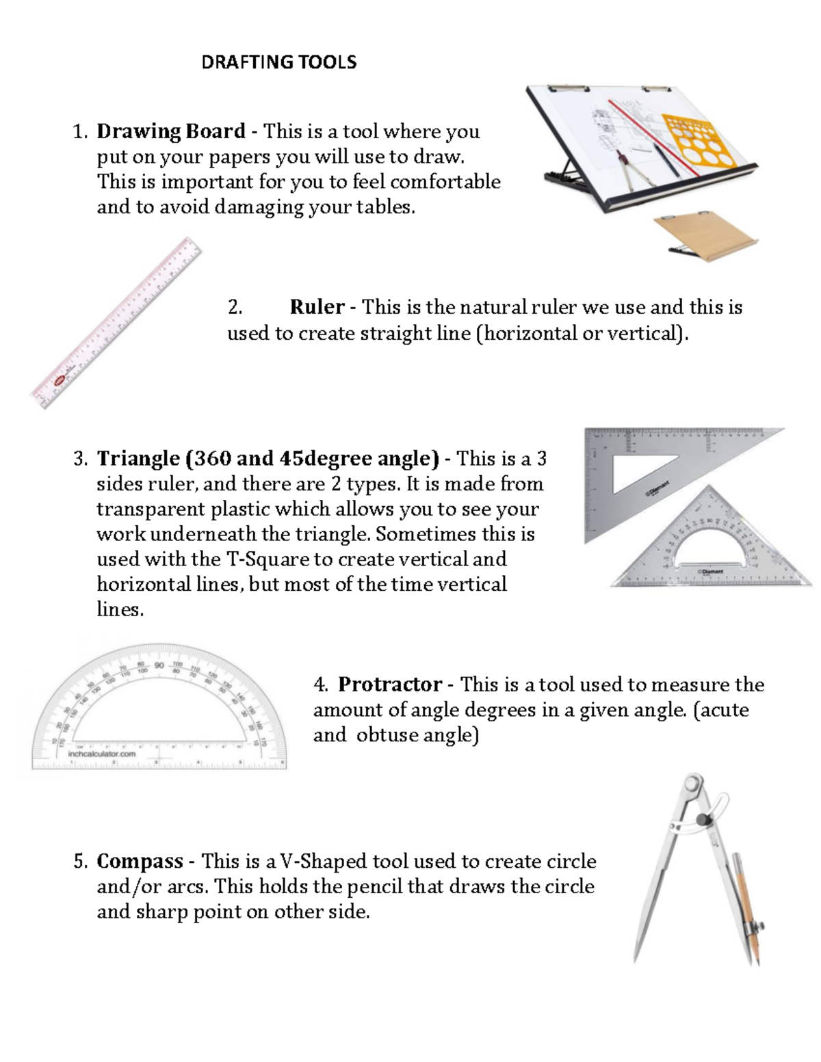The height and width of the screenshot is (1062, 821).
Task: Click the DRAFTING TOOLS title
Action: (x=278, y=62)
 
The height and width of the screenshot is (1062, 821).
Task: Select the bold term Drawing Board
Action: (x=170, y=131)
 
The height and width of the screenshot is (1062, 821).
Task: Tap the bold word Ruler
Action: (x=316, y=307)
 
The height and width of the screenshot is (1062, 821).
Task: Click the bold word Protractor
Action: (x=389, y=685)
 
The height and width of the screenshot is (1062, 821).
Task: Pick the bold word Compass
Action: (x=140, y=861)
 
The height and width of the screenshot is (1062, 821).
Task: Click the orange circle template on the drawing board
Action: (x=704, y=140)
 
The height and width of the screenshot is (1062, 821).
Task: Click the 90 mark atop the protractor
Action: (x=159, y=665)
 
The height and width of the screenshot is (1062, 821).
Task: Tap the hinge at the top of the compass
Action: (x=694, y=783)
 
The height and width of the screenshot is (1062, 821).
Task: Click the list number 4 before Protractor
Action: (x=320, y=685)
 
